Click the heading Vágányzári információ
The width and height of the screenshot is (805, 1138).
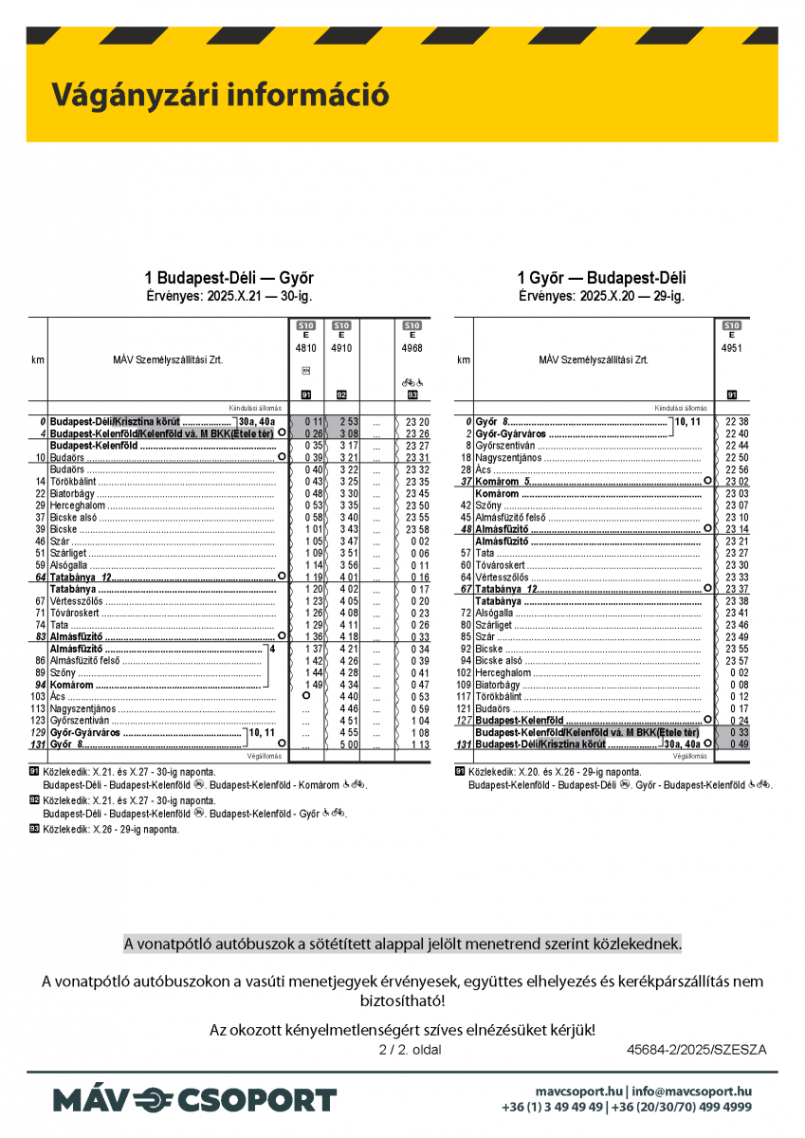[x=220, y=95]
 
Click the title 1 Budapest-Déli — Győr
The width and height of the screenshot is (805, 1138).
[x=229, y=278]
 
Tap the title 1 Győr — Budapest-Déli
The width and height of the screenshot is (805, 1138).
[x=601, y=278]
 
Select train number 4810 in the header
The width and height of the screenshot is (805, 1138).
[x=305, y=348]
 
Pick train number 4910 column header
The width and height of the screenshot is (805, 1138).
[x=341, y=348]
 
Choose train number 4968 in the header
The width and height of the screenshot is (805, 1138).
[x=412, y=348]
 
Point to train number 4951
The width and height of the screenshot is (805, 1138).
[x=731, y=348]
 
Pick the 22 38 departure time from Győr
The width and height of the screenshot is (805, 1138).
[x=737, y=421]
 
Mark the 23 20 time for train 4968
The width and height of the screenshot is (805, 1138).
[x=417, y=421]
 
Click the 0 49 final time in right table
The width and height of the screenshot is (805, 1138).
[x=739, y=744]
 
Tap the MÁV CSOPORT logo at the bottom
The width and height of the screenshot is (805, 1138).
[x=194, y=1100]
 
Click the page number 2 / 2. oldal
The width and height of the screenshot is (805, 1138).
[x=410, y=1050]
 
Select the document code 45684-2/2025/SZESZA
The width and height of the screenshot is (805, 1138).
[x=696, y=1050]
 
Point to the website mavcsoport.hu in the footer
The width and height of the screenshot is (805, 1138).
[x=578, y=1092]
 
